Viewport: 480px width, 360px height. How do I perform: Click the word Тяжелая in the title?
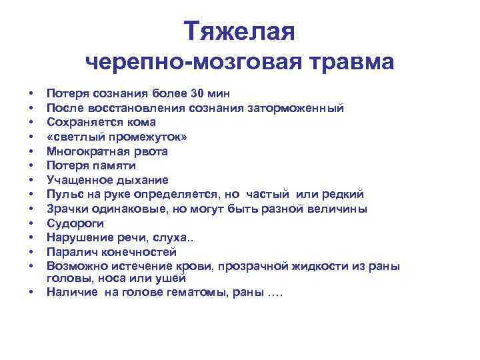[239, 31]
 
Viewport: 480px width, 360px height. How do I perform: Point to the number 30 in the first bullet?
[197, 93]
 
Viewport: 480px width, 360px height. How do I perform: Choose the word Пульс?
[62, 195]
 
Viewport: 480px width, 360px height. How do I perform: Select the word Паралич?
[69, 252]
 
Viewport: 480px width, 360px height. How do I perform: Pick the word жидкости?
[321, 267]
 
